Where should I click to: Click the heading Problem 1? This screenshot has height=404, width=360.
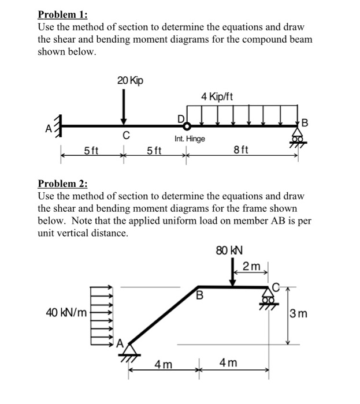pyautogui.click(x=60, y=14)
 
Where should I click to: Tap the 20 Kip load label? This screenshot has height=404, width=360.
pyautogui.click(x=130, y=81)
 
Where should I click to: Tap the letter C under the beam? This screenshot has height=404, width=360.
pyautogui.click(x=124, y=137)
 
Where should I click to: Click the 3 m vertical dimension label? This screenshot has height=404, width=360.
pyautogui.click(x=300, y=315)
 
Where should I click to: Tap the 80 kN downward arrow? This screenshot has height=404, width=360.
pyautogui.click(x=232, y=272)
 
